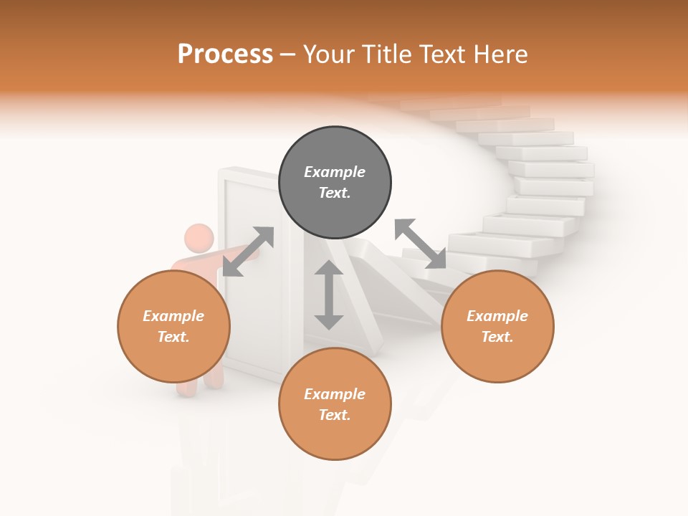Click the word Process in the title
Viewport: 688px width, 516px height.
pos(225,54)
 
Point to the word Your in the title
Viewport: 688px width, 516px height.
pos(328,54)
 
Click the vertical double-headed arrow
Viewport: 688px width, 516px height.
pos(329,295)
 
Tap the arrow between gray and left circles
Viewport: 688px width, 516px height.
pos(248,252)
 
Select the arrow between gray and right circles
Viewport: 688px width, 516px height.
pos(421,244)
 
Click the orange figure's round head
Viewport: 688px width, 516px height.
pos(199,239)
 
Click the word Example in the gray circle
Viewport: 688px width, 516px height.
pos(335,172)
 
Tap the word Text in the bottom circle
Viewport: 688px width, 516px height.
pos(335,415)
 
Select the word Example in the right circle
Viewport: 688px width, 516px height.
pos(497,316)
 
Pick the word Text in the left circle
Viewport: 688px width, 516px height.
pos(173,337)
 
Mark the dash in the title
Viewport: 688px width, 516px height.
pos(287,54)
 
